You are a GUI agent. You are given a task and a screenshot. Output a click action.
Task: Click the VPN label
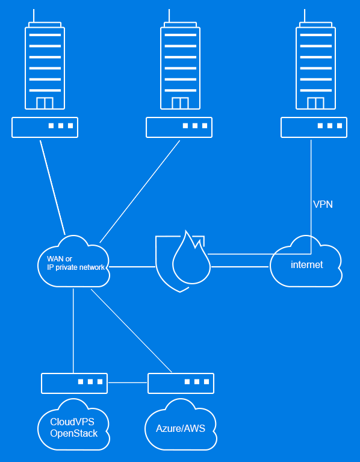(x=323, y=204)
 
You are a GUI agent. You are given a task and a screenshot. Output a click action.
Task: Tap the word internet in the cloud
(x=306, y=264)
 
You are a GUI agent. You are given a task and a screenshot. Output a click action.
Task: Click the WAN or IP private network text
(x=76, y=263)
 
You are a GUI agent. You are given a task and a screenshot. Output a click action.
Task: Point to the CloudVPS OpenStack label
(x=73, y=428)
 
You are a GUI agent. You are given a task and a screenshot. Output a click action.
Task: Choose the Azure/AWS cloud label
(x=181, y=428)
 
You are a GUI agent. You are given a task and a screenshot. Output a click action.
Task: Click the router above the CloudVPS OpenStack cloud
(x=74, y=383)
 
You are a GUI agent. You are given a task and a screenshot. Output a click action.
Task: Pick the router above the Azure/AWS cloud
(x=181, y=383)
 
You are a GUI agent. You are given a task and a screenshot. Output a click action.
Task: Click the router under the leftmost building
(x=45, y=127)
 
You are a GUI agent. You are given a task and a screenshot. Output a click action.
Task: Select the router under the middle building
(x=179, y=127)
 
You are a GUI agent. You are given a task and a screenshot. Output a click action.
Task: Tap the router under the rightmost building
(x=314, y=127)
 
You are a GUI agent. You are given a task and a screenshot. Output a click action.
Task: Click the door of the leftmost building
(x=45, y=103)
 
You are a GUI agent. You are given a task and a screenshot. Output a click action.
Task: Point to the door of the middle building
(x=180, y=103)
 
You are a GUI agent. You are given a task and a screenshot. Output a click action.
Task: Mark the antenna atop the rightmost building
(x=305, y=16)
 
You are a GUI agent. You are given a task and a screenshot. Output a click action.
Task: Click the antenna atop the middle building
(x=169, y=16)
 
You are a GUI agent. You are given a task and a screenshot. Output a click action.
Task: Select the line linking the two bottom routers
(x=128, y=382)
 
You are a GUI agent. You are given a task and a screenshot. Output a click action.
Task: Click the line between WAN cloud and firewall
(x=132, y=267)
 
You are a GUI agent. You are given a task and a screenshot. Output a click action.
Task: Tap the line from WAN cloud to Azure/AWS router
(x=131, y=331)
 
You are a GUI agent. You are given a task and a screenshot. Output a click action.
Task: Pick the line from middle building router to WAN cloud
(x=140, y=192)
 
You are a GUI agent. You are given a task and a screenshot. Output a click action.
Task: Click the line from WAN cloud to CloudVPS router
(x=73, y=331)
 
